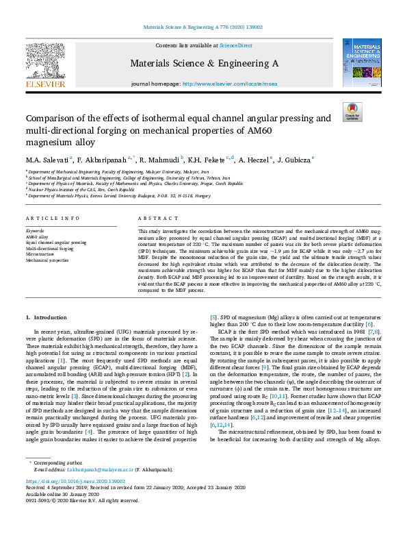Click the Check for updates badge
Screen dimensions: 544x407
352,112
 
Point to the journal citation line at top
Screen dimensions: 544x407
202,27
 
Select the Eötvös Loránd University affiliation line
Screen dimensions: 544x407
116,195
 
